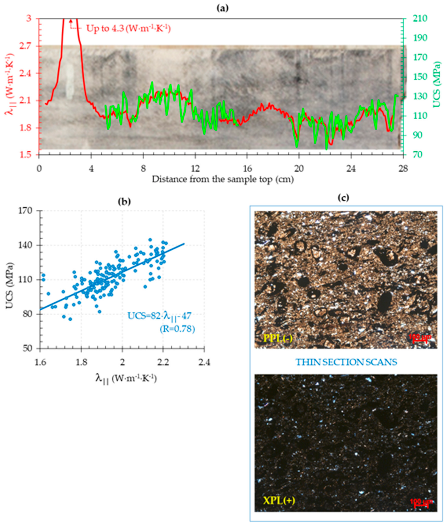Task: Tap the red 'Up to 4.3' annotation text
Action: pyautogui.click(x=128, y=28)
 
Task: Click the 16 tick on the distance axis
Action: pyautogui.click(x=247, y=169)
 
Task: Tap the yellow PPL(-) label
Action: pyautogui.click(x=278, y=337)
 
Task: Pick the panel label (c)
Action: pyautogui.click(x=343, y=198)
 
